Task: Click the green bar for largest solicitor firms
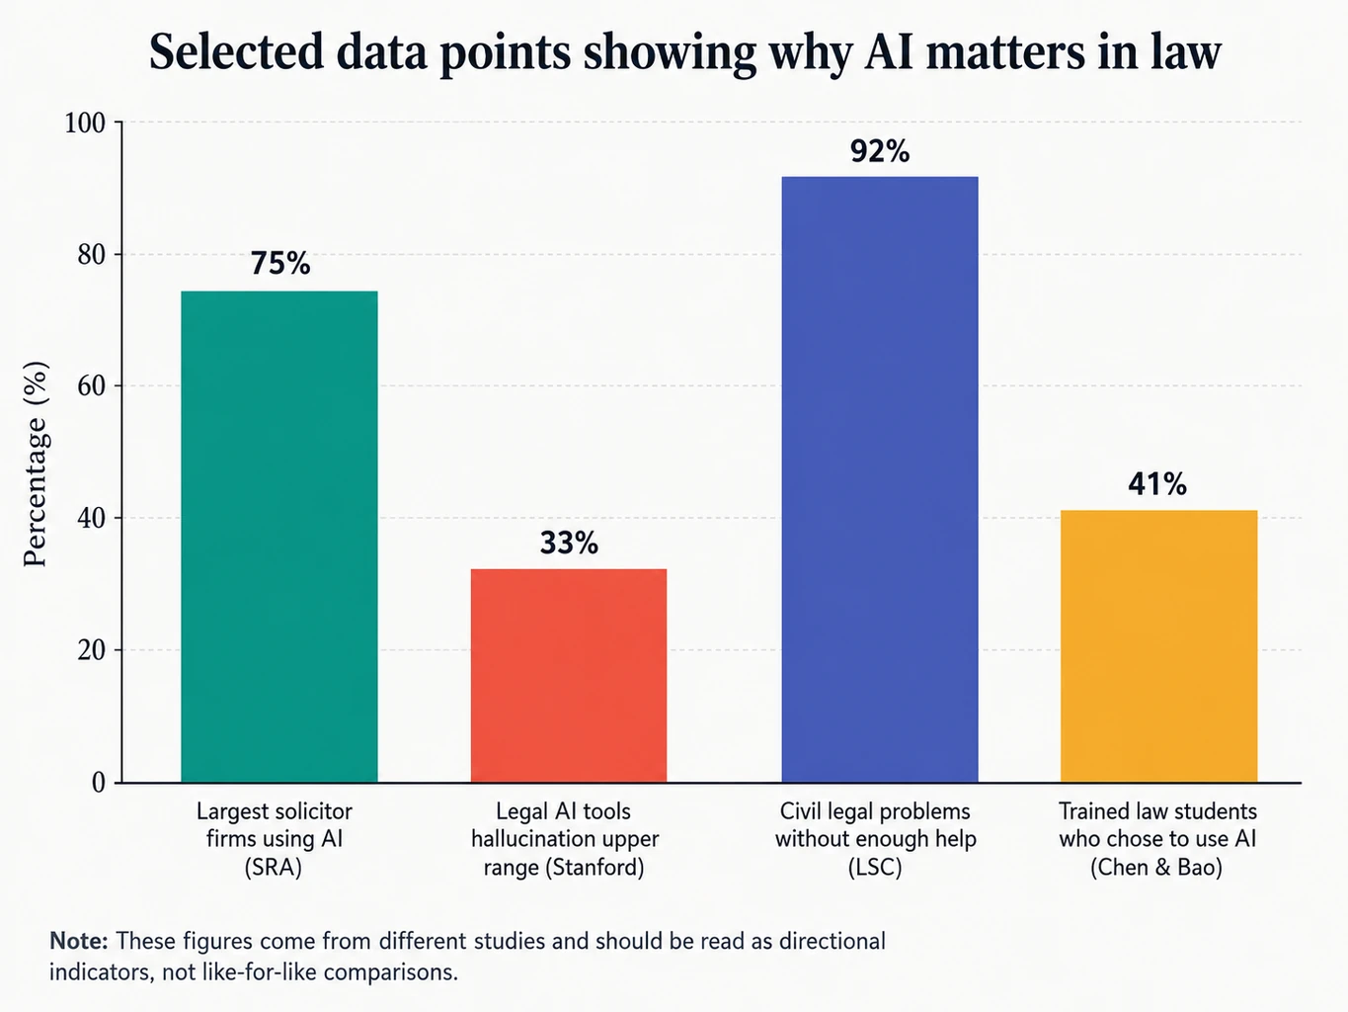point(279,537)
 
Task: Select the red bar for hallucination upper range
point(569,675)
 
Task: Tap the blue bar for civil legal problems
point(880,479)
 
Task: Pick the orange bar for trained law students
point(1158,645)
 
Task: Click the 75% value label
point(280,264)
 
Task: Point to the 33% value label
point(569,544)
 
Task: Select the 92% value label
point(880,151)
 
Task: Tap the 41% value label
point(1157,484)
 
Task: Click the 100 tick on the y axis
point(85,123)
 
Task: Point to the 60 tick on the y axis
point(92,386)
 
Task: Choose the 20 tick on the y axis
point(92,650)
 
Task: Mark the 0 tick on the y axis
point(99,783)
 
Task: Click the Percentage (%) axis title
point(35,464)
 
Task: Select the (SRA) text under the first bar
point(274,867)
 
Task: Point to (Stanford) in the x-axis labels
point(595,867)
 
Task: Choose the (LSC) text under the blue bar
point(875,867)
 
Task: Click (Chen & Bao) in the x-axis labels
point(1156,867)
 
